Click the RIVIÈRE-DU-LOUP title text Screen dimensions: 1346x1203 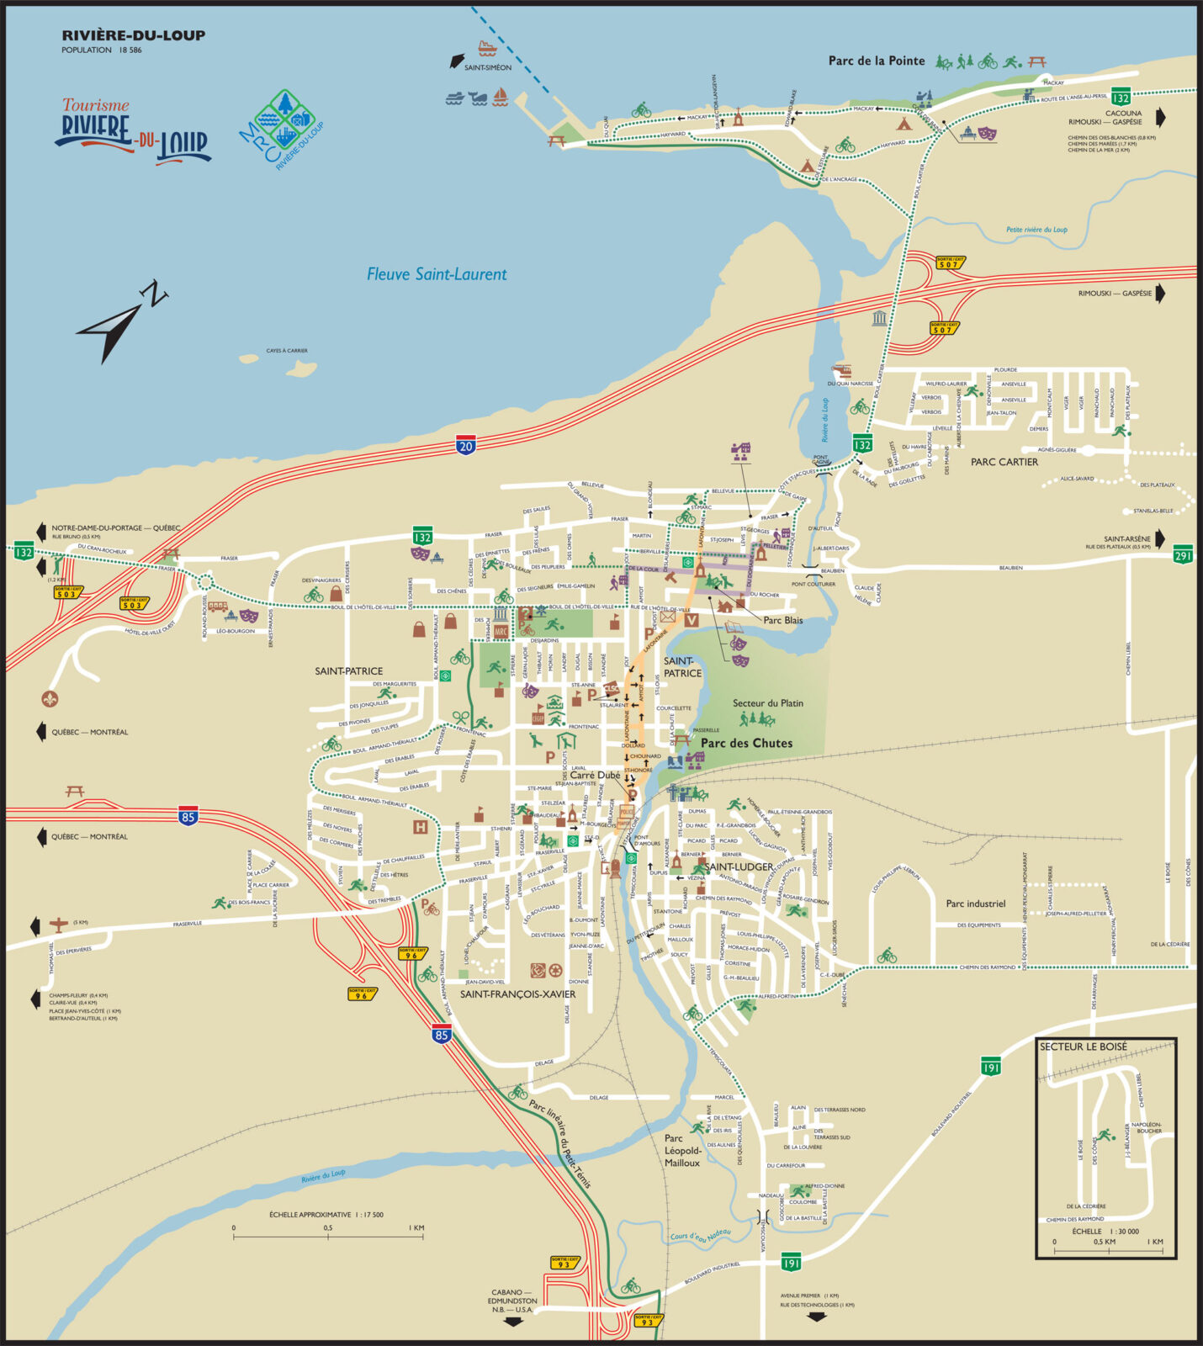[133, 35]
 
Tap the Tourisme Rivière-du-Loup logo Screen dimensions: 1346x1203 [133, 132]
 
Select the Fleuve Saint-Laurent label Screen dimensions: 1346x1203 [437, 274]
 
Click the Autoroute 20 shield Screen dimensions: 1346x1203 [465, 446]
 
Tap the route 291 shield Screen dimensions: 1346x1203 [1183, 555]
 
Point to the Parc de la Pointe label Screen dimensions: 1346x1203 [876, 61]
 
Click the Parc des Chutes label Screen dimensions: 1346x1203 [746, 743]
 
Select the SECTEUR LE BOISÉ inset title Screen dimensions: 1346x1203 [1083, 1047]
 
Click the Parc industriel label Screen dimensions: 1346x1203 [975, 904]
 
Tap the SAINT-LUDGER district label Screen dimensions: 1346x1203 [739, 866]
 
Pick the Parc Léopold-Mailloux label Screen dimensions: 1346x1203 [682, 1150]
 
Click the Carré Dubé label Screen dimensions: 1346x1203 [595, 775]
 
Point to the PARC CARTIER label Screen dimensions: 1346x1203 [1004, 462]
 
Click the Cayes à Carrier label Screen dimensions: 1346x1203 [287, 351]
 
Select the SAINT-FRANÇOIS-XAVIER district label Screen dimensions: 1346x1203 [517, 994]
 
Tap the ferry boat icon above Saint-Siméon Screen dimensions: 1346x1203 [487, 47]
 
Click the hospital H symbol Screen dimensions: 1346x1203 [420, 827]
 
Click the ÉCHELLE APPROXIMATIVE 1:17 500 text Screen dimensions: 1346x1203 [326, 1215]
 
